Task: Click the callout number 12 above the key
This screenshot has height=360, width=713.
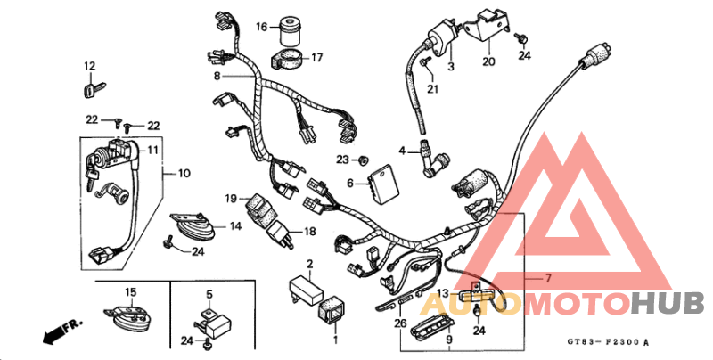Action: click(89, 66)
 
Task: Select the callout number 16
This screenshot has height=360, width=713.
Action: click(262, 27)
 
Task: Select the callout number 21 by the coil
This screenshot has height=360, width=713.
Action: click(433, 88)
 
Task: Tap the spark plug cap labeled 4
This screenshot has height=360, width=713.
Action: click(436, 160)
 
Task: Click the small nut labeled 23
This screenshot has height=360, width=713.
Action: click(363, 160)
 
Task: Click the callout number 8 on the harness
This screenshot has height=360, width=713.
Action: click(216, 78)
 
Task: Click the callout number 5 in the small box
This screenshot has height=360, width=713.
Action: click(209, 293)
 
